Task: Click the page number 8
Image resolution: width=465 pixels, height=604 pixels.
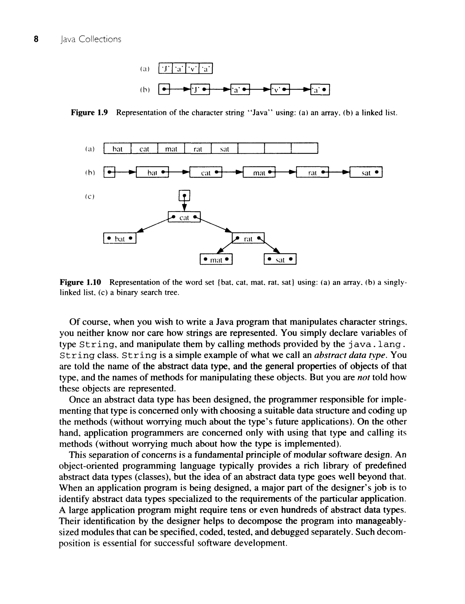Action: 36,39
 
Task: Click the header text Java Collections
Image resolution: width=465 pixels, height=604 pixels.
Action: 91,39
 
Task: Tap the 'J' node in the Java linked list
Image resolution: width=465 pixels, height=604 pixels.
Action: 200,89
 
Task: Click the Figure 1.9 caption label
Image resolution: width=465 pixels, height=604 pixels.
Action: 89,113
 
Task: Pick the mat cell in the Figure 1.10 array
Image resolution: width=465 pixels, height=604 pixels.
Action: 171,149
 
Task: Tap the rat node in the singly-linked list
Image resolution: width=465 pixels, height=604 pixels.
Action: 312,173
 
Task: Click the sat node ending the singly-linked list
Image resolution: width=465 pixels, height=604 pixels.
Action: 366,173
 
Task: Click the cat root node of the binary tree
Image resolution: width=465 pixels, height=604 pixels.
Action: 184,217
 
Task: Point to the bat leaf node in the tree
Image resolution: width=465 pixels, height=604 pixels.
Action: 120,238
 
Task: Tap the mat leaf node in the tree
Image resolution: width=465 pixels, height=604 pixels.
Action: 216,260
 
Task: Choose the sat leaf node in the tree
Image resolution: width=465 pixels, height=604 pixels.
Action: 280,260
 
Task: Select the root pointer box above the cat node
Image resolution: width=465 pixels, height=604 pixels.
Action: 185,196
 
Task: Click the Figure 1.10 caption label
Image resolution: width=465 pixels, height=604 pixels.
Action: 80,282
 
